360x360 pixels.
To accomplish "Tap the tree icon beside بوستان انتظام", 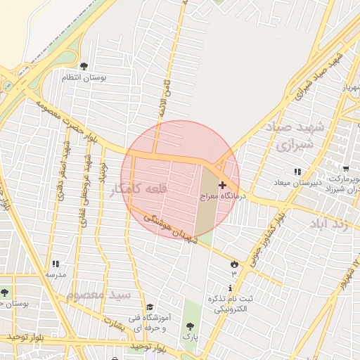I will (x=84, y=67).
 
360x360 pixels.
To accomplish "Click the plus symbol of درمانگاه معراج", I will (x=223, y=186).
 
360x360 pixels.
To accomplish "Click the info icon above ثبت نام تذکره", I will (x=231, y=289).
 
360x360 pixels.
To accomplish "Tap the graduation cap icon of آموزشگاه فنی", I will (x=149, y=307).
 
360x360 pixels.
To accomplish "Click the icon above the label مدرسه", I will (x=55, y=264).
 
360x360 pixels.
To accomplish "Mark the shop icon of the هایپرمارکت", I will (x=345, y=168).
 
